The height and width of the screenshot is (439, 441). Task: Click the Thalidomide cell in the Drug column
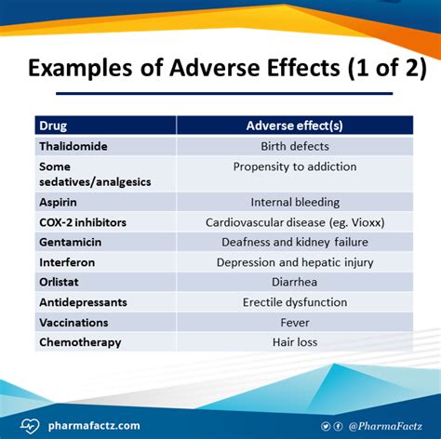click(73, 146)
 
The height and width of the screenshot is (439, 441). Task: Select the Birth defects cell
click(295, 146)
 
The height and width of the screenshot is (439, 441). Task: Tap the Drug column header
click(53, 126)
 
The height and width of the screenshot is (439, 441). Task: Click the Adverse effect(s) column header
click(295, 126)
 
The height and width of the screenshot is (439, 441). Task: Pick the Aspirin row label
click(58, 202)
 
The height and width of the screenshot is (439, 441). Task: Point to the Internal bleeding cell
click(295, 202)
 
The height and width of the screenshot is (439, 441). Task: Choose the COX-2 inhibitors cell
click(83, 222)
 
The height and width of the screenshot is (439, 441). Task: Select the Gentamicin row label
click(71, 242)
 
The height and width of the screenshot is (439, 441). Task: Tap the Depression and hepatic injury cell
click(295, 262)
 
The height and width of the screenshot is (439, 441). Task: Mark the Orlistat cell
click(59, 282)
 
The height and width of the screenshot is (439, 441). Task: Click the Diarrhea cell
click(294, 282)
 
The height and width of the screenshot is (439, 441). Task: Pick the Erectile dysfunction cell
click(295, 302)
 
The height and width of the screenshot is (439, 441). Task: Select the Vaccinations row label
click(73, 323)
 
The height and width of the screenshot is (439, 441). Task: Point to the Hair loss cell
click(295, 342)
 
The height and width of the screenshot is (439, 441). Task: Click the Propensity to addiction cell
click(295, 166)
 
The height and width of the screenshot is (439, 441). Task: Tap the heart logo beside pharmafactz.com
click(30, 426)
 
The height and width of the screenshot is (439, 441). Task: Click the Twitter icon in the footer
click(326, 426)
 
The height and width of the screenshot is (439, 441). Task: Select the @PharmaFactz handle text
click(385, 426)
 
